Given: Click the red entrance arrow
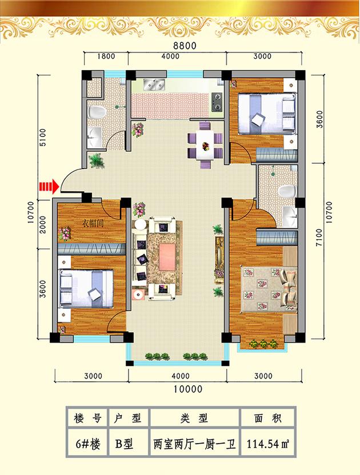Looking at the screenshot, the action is (x=49, y=186).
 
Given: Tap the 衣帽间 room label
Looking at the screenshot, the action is (x=93, y=224).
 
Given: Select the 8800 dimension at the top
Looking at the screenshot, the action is (x=185, y=46).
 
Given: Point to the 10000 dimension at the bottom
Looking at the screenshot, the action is (x=188, y=389).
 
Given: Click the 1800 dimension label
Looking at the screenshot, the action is (x=106, y=56).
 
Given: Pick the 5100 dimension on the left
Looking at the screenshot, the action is (x=43, y=137).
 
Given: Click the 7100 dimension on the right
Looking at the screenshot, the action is (x=319, y=237).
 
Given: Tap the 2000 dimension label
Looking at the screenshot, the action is (x=43, y=224).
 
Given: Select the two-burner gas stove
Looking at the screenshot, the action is (x=217, y=102).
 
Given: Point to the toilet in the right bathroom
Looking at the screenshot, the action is (x=287, y=191).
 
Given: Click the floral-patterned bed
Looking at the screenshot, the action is (x=269, y=289).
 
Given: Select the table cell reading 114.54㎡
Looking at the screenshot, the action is (x=268, y=444).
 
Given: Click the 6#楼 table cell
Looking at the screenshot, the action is (x=87, y=444).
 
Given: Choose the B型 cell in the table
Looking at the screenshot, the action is (x=124, y=444).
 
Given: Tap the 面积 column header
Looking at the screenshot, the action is (x=268, y=418).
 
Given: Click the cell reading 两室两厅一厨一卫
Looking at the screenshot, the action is (x=194, y=444).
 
